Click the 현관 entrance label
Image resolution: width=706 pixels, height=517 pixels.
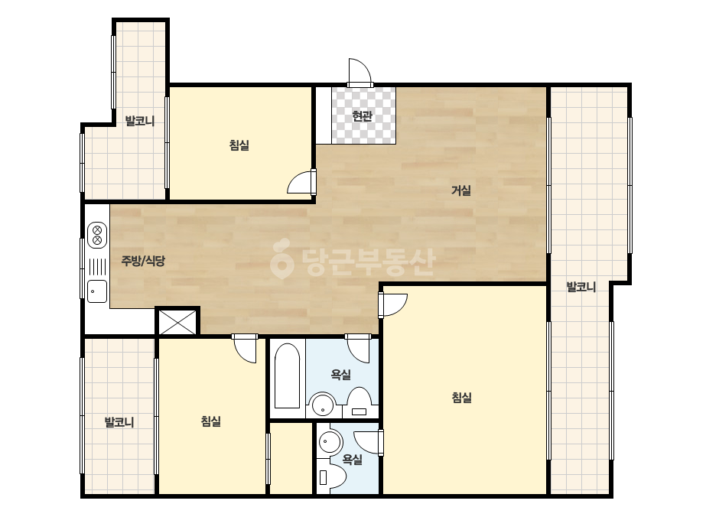362,116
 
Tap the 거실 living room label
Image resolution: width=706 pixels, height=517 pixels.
461,190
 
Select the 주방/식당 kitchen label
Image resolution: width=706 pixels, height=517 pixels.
143,260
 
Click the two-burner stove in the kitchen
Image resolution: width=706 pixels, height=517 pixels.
97,235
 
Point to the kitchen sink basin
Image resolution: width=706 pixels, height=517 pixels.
97,291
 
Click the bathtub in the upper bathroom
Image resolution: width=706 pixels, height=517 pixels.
287,376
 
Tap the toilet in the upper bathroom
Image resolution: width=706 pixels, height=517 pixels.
359,402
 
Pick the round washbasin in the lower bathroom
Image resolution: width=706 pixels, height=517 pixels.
330,442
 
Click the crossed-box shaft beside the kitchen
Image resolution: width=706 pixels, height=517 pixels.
178,322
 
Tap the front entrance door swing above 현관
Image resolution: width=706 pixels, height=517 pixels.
360,72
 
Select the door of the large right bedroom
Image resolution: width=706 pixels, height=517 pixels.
393,305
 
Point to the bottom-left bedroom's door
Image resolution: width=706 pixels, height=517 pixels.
245,348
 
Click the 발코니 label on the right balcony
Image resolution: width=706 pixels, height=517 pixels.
581,287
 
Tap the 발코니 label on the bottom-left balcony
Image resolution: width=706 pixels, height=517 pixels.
119,422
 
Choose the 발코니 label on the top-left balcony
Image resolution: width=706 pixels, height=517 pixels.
139,121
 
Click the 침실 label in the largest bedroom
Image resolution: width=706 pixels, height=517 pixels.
461,398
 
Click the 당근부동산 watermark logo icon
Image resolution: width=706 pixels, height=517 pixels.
281,259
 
